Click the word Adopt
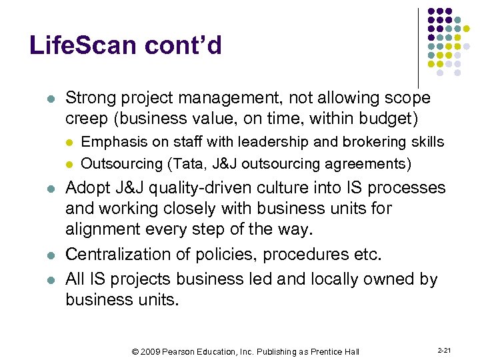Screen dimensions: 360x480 (87, 188)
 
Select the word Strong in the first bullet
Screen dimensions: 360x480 (90, 99)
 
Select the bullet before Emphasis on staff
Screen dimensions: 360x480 (69, 143)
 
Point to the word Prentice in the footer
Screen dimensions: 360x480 (331, 351)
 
